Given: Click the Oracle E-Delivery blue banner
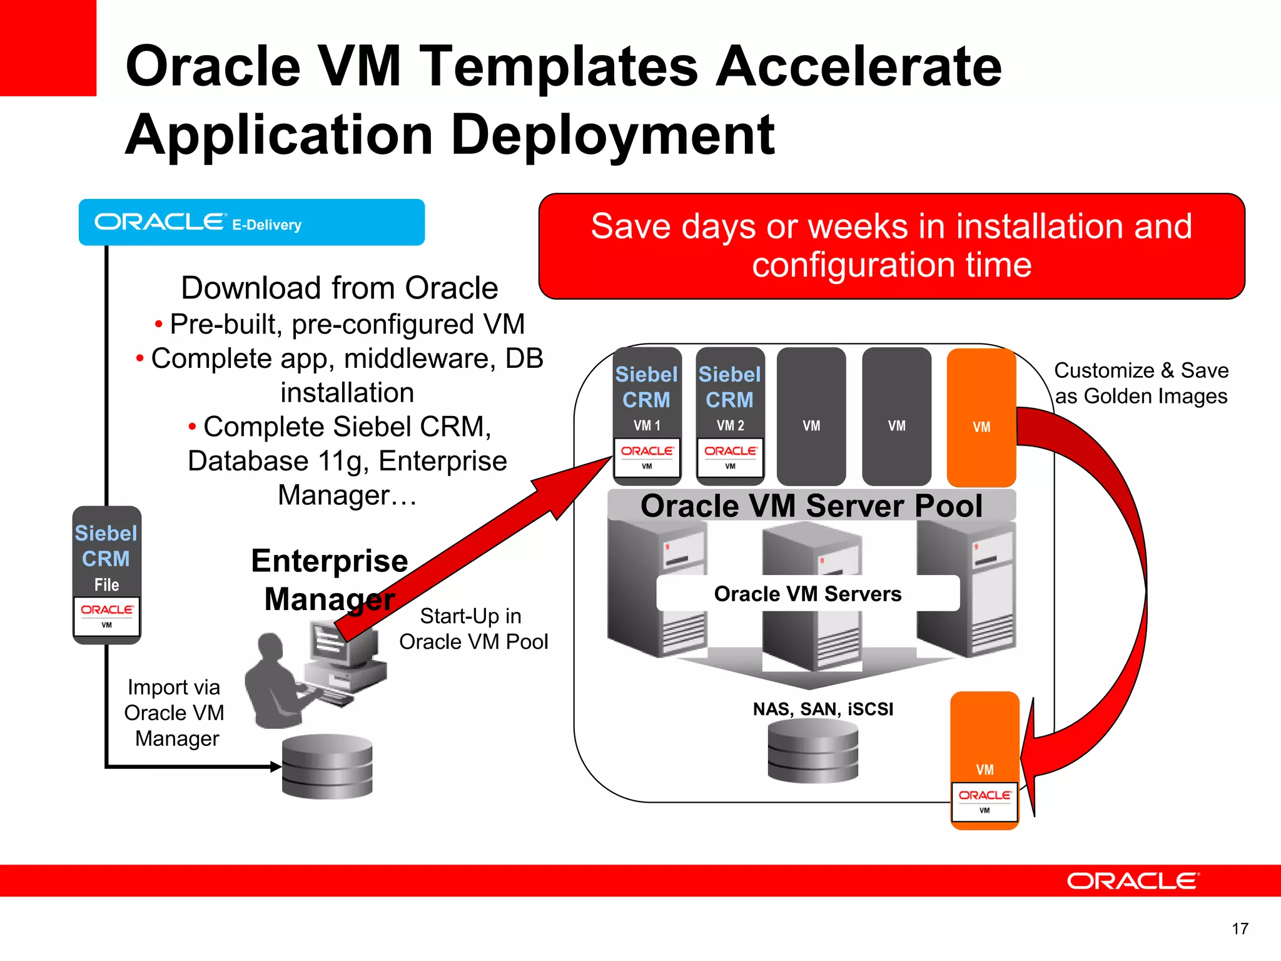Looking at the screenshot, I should click(251, 222).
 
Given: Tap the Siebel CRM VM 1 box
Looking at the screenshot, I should click(647, 416).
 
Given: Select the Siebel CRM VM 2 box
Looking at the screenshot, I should click(730, 416).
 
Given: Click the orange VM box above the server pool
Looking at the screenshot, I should click(981, 417).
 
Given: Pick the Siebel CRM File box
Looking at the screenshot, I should click(106, 574).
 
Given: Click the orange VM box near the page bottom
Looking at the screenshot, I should click(985, 760).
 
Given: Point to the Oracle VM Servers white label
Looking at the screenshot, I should click(808, 593).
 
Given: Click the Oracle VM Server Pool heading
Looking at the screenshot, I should click(811, 506).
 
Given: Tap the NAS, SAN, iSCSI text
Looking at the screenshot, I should click(823, 709).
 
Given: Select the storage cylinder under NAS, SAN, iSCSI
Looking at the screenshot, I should click(813, 751).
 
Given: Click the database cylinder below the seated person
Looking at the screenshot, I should click(327, 766).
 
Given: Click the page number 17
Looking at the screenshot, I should click(1240, 928).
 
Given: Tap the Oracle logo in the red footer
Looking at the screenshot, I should click(1133, 881).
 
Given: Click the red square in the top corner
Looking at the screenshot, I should click(48, 48).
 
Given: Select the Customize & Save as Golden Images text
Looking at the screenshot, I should click(1141, 383).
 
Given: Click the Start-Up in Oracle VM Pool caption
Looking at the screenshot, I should click(473, 629).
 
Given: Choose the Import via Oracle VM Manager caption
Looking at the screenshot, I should click(175, 713).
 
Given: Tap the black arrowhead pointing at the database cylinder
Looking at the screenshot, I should click(276, 766).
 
